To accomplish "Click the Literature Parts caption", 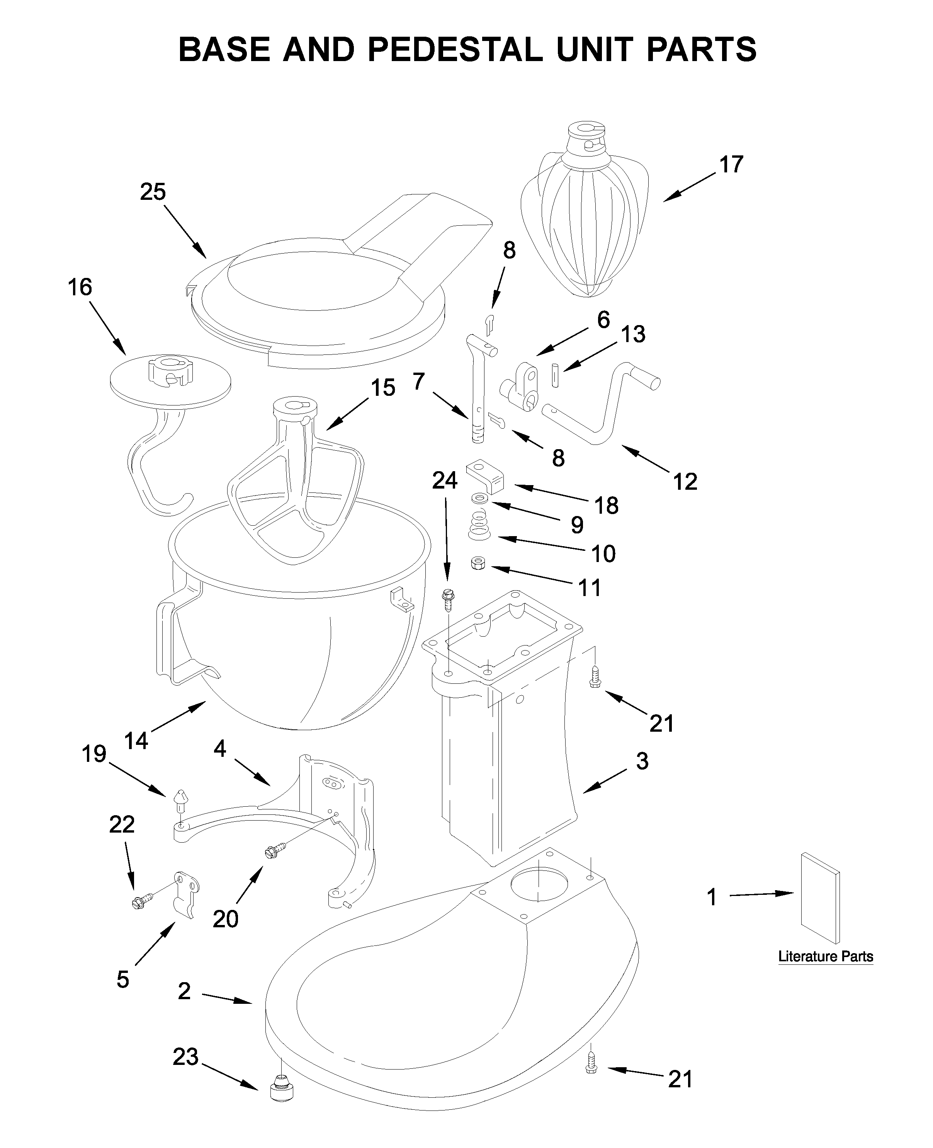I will coord(826,957).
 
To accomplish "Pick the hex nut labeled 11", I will coord(477,563).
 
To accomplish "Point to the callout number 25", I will coord(153,192).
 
